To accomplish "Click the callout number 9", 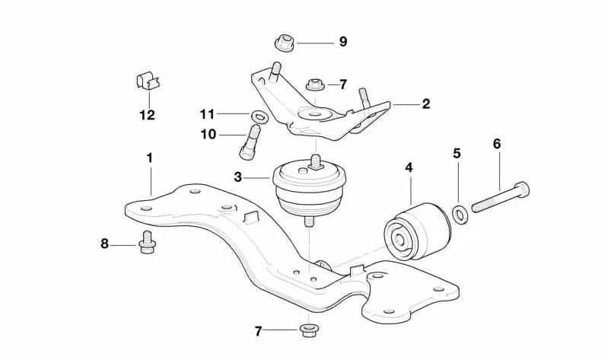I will pyautogui.click(x=343, y=42).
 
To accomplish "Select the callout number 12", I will pyautogui.click(x=147, y=115).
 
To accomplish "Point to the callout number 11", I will pyautogui.click(x=208, y=114).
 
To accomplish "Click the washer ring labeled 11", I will pyautogui.click(x=258, y=116).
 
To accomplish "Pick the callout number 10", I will pyautogui.click(x=208, y=135).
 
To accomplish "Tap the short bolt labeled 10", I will pyautogui.click(x=249, y=144).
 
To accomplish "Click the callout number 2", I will pyautogui.click(x=426, y=104).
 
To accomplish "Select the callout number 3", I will pyautogui.click(x=237, y=177).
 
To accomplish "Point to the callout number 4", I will pyautogui.click(x=409, y=167).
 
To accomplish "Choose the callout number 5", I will pyautogui.click(x=457, y=153).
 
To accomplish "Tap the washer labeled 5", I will pyautogui.click(x=460, y=215).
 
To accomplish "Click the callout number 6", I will pyautogui.click(x=497, y=143).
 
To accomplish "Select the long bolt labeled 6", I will pyautogui.click(x=500, y=197).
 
